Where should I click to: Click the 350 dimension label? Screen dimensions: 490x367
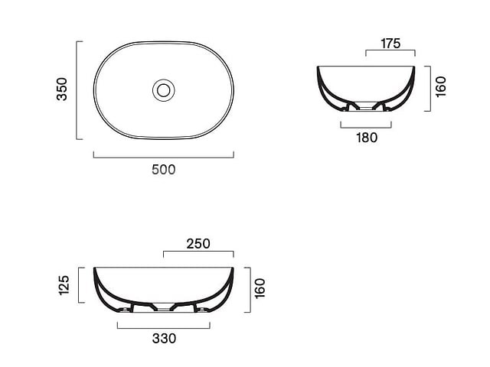[62, 89]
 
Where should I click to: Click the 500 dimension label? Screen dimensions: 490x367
[163, 170]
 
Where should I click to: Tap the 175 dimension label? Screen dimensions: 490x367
[390, 44]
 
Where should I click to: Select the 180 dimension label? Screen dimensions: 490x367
[367, 138]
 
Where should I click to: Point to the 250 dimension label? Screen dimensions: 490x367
[198, 244]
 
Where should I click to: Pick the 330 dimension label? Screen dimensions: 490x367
[164, 338]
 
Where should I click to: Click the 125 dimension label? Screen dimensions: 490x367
[64, 285]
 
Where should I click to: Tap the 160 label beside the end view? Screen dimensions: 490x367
[441, 86]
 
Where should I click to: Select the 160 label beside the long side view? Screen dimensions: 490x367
[260, 289]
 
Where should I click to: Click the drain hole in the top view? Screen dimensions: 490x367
[163, 90]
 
